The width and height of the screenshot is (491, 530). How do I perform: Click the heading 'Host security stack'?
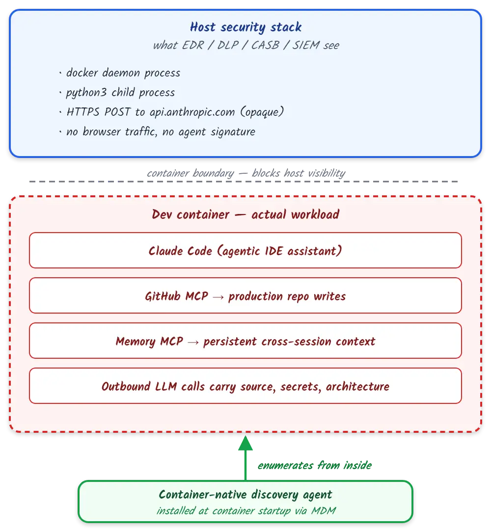click(x=245, y=27)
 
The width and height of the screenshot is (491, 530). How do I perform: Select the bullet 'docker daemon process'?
click(x=123, y=73)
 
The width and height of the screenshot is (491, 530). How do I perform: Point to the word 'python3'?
click(x=86, y=93)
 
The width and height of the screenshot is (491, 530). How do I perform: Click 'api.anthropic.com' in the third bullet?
click(x=192, y=112)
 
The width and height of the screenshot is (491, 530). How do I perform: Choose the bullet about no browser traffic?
click(x=161, y=132)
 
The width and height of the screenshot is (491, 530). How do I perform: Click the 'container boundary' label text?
click(x=191, y=173)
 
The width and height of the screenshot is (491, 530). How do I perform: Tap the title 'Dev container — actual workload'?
click(x=245, y=214)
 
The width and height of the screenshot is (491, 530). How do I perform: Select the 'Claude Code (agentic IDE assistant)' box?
click(x=245, y=250)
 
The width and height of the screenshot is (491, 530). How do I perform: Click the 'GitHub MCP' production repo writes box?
click(x=245, y=296)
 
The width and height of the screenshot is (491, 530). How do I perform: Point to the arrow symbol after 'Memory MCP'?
click(x=193, y=342)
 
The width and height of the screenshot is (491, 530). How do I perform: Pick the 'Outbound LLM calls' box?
click(x=245, y=386)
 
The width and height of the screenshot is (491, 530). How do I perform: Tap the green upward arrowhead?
click(x=245, y=443)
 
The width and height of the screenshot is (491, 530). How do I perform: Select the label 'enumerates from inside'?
click(x=314, y=465)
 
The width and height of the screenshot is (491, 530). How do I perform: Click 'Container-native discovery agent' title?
click(x=245, y=495)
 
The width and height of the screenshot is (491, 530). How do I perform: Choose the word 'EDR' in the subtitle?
click(x=193, y=45)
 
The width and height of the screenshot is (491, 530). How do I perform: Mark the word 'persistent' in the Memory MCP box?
click(x=230, y=342)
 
